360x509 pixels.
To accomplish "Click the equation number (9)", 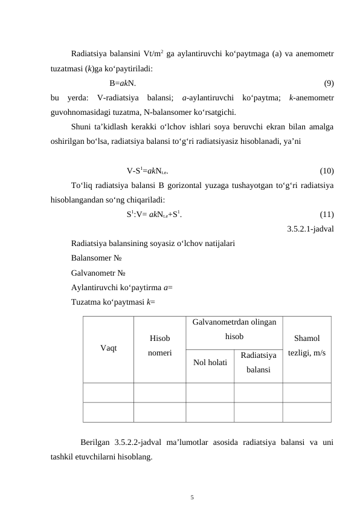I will (x=329, y=83).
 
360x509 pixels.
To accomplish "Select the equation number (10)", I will (x=327, y=170).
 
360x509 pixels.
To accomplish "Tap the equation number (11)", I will (x=327, y=214).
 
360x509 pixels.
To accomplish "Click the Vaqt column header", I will (x=109, y=348).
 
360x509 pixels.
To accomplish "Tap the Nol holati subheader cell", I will (x=210, y=363).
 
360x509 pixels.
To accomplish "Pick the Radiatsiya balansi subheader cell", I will (x=258, y=362).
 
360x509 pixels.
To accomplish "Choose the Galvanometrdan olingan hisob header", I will (x=234, y=329).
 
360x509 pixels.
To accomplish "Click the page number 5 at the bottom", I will (x=191, y=497).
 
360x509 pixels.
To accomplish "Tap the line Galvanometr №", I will (x=100, y=272).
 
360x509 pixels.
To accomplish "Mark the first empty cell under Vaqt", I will (x=109, y=392).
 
